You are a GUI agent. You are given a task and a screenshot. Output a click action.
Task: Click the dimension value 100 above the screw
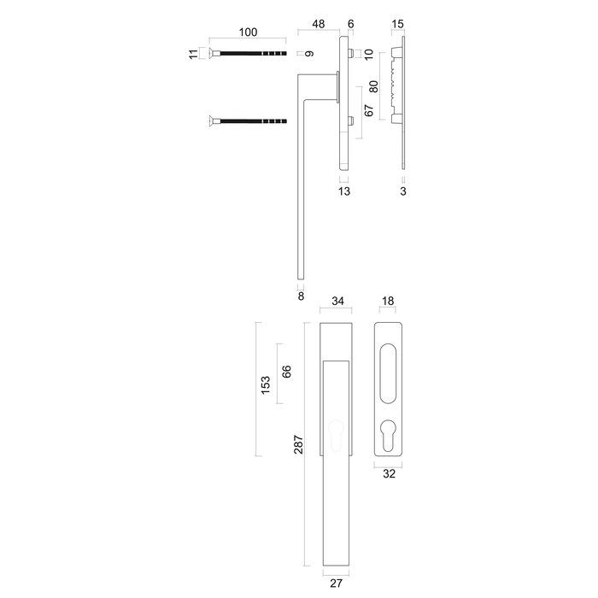coord(247,33)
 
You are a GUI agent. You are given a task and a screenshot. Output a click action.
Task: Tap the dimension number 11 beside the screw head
coord(194,54)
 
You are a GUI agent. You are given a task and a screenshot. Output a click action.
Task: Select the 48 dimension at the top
coord(318,25)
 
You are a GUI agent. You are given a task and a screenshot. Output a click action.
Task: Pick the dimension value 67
coord(369,110)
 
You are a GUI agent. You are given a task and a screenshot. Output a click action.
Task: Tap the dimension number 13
coord(343,191)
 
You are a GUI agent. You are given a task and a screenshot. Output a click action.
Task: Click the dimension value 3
coord(402,191)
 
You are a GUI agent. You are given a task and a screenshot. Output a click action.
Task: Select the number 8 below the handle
coord(301,296)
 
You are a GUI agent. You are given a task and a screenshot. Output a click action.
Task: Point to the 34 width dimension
coord(337,301)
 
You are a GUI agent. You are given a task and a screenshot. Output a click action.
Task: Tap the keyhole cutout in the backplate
coord(390,438)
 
